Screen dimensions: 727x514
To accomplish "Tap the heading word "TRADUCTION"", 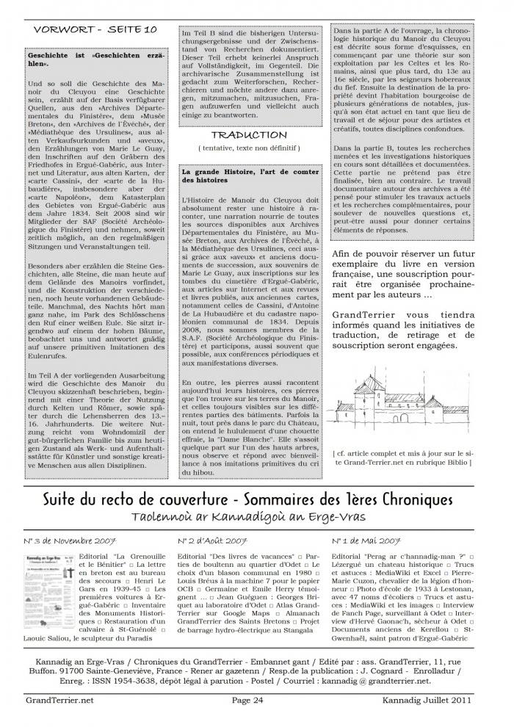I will click(x=249, y=135).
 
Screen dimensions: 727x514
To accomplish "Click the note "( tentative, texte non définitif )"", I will click(x=249, y=148).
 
